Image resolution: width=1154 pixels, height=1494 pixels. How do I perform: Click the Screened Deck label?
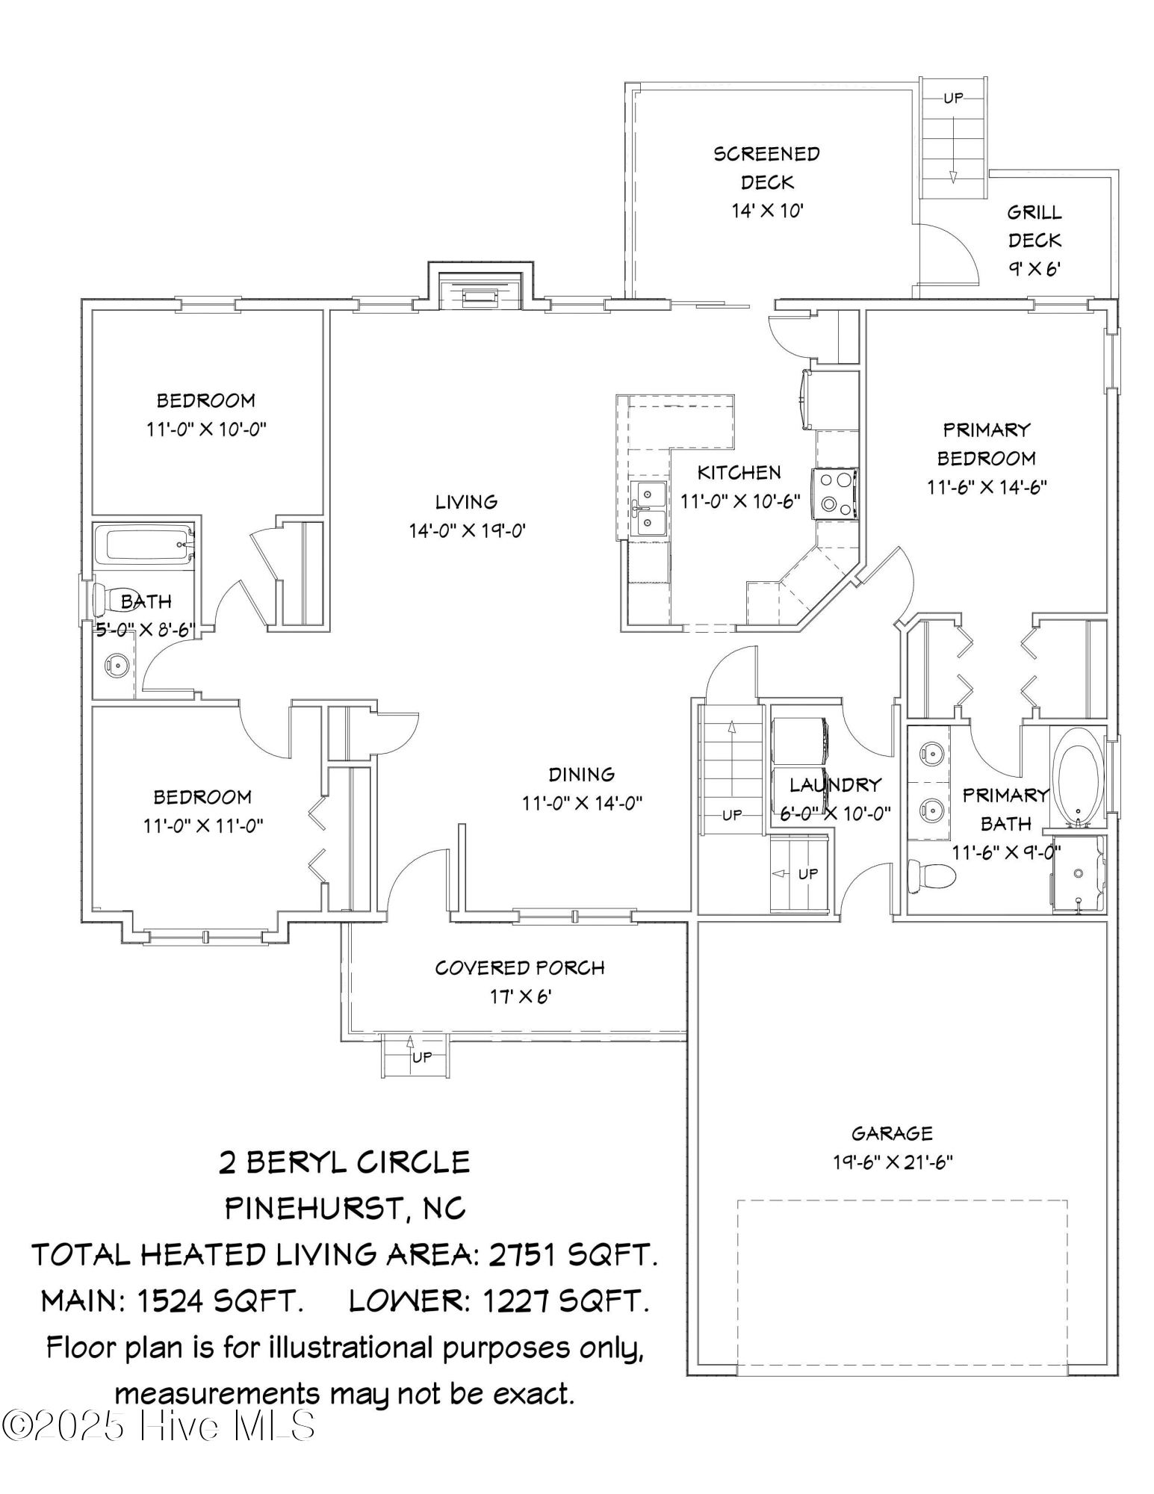(x=766, y=167)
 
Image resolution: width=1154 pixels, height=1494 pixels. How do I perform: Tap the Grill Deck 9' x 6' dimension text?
(x=1034, y=268)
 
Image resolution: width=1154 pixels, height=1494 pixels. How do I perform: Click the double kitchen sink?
(x=647, y=508)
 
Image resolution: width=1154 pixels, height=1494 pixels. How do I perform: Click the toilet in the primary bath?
(x=930, y=875)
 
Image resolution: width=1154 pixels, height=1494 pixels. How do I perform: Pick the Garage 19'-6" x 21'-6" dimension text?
(x=893, y=1162)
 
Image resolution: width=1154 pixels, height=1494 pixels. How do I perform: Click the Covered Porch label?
(x=520, y=967)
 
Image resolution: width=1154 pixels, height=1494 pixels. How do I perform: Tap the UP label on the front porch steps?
(x=422, y=1056)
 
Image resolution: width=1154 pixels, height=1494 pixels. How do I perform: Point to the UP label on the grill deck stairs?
(x=953, y=98)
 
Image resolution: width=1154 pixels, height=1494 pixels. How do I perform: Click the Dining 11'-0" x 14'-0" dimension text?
(x=582, y=803)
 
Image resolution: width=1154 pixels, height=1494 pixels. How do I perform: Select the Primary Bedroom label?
(x=987, y=444)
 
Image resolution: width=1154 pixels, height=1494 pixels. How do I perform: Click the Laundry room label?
(x=835, y=784)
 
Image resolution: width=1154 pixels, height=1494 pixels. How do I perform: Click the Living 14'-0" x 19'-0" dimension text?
(x=468, y=530)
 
